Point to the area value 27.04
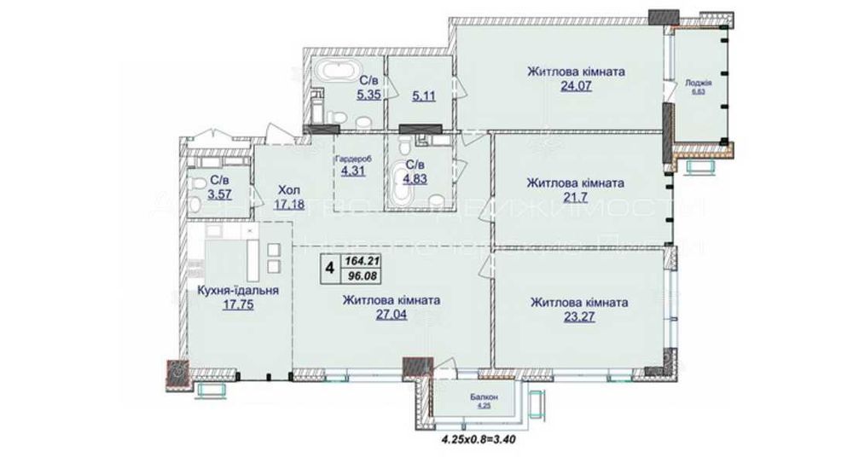coord(391,315)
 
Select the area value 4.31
coord(353,171)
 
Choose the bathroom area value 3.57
coord(219,194)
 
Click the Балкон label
coord(484,397)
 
